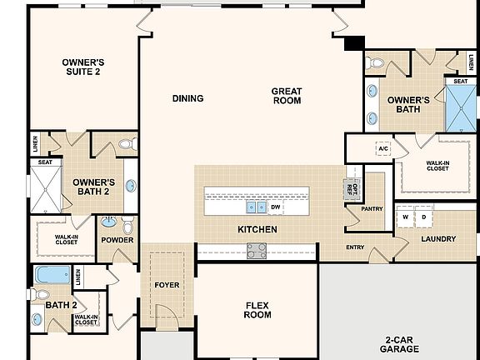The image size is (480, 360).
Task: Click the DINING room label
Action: tap(187, 98)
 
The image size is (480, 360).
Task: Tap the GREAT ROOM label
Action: tap(286, 96)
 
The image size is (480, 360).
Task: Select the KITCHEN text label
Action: tap(257, 229)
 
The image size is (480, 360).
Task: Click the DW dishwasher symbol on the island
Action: tap(275, 207)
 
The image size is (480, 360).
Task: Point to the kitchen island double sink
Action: tap(256, 207)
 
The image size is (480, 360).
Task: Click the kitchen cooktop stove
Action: tap(257, 250)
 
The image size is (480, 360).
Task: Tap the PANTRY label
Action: tap(372, 209)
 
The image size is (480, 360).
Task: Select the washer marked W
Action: tap(406, 217)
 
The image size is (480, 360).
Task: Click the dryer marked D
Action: tap(423, 217)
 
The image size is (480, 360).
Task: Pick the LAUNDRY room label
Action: tap(438, 239)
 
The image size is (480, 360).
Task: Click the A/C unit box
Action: tap(383, 148)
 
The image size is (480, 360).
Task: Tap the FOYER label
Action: tap(167, 285)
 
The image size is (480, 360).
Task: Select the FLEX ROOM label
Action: tap(257, 309)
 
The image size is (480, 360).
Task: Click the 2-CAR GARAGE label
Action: tap(402, 344)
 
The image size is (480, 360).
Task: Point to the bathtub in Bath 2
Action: tap(53, 274)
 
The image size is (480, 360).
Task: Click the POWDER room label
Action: tap(117, 240)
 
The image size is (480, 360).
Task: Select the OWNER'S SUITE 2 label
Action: tap(82, 67)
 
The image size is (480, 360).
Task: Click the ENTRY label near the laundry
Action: tap(355, 247)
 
